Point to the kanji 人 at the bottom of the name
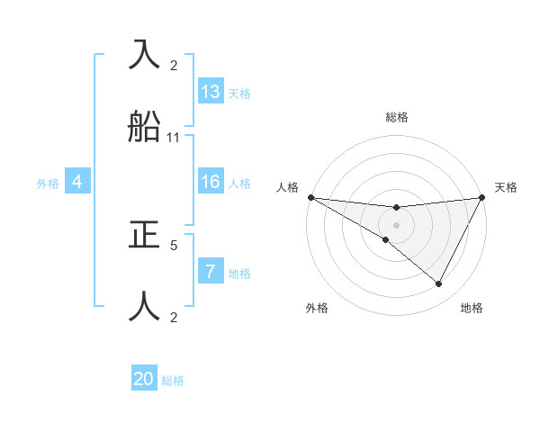(146, 306)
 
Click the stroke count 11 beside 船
(174, 138)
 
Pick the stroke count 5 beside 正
(174, 244)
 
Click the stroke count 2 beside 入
(174, 65)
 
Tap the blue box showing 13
(211, 92)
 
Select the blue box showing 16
(211, 182)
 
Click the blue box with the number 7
(211, 272)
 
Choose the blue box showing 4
(77, 182)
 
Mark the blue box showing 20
(144, 379)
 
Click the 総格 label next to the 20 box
(173, 381)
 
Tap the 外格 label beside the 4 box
(48, 184)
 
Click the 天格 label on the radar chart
(507, 187)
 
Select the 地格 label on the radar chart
(472, 308)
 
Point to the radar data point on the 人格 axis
(310, 197)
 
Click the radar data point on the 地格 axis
(439, 284)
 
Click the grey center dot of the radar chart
(396, 225)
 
